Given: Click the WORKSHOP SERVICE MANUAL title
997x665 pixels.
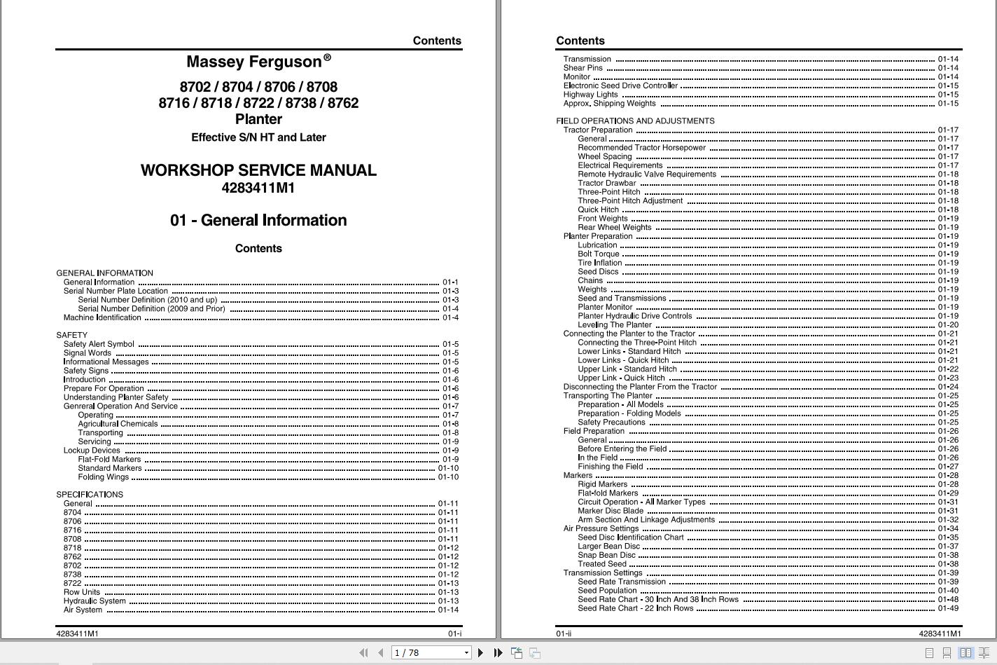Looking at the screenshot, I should [258, 170].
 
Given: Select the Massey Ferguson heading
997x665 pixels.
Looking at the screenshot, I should [253, 62].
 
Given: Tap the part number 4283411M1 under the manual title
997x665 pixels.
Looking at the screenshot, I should [258, 188].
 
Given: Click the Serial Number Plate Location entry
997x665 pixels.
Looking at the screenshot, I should [116, 291].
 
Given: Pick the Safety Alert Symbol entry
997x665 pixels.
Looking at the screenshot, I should [99, 344].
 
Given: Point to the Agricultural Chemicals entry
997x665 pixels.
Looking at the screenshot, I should [118, 424].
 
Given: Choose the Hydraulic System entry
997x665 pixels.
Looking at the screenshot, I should [95, 601].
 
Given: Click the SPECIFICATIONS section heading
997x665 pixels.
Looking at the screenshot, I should [90, 495].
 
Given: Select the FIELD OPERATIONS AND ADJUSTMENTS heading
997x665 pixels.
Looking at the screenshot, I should [635, 121].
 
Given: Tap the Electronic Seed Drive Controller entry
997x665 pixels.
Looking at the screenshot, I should [620, 85].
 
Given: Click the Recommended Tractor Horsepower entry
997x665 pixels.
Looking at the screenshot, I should [641, 148].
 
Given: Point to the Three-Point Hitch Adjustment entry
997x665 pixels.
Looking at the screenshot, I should [630, 201].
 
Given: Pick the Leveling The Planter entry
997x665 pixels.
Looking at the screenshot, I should [615, 325].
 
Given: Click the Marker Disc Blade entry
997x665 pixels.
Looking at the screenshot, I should [611, 511].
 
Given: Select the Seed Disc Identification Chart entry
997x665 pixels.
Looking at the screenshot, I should [630, 537].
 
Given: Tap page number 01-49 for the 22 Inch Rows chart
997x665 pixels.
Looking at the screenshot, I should [948, 608].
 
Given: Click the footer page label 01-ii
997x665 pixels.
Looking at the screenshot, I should [564, 633].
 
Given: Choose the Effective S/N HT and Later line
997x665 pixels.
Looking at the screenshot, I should [258, 137].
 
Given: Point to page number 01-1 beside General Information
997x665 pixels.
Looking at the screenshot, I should [450, 282].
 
